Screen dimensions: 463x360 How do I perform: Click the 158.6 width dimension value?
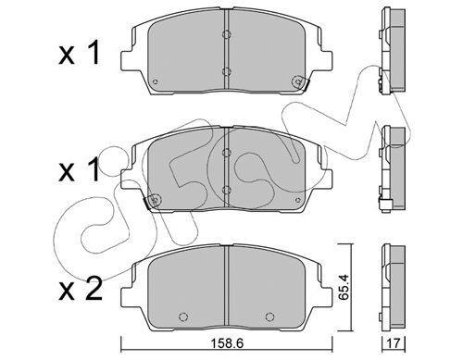click(x=227, y=343)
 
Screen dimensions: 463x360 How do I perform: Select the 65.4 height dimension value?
click(x=344, y=287)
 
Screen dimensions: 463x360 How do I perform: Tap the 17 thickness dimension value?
click(x=394, y=343)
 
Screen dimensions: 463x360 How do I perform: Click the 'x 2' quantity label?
click(x=81, y=290)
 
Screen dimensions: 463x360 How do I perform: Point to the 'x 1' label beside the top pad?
click(x=80, y=54)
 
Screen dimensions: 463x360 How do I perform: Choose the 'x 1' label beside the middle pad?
click(x=80, y=169)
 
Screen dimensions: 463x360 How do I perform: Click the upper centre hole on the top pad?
click(x=227, y=34)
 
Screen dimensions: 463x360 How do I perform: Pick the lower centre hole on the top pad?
click(x=227, y=72)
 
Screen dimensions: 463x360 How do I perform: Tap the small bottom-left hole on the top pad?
click(x=156, y=81)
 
